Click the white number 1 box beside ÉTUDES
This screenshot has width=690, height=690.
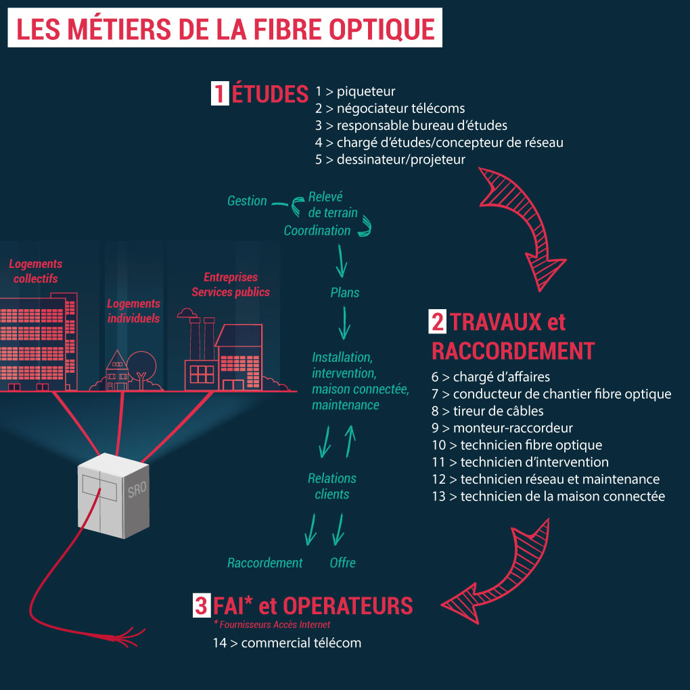pyautogui.click(x=219, y=93)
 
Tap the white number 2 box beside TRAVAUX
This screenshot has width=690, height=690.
pyautogui.click(x=438, y=321)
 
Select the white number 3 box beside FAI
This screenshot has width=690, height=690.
pyautogui.click(x=201, y=605)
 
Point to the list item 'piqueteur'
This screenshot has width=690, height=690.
pyautogui.click(x=365, y=91)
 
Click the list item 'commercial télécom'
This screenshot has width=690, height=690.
pyautogui.click(x=300, y=643)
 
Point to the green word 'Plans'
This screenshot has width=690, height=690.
pyautogui.click(x=344, y=293)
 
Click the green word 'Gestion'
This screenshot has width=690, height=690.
pyautogui.click(x=247, y=201)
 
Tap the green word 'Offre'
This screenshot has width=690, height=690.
pyautogui.click(x=342, y=563)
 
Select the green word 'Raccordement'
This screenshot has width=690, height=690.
pyautogui.click(x=265, y=563)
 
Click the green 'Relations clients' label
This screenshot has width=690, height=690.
pyautogui.click(x=332, y=486)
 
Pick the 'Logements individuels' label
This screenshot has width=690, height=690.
pyautogui.click(x=133, y=311)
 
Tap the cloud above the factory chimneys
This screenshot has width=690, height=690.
pyautogui.click(x=187, y=313)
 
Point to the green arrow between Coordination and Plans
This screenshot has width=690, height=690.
pyautogui.click(x=342, y=260)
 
